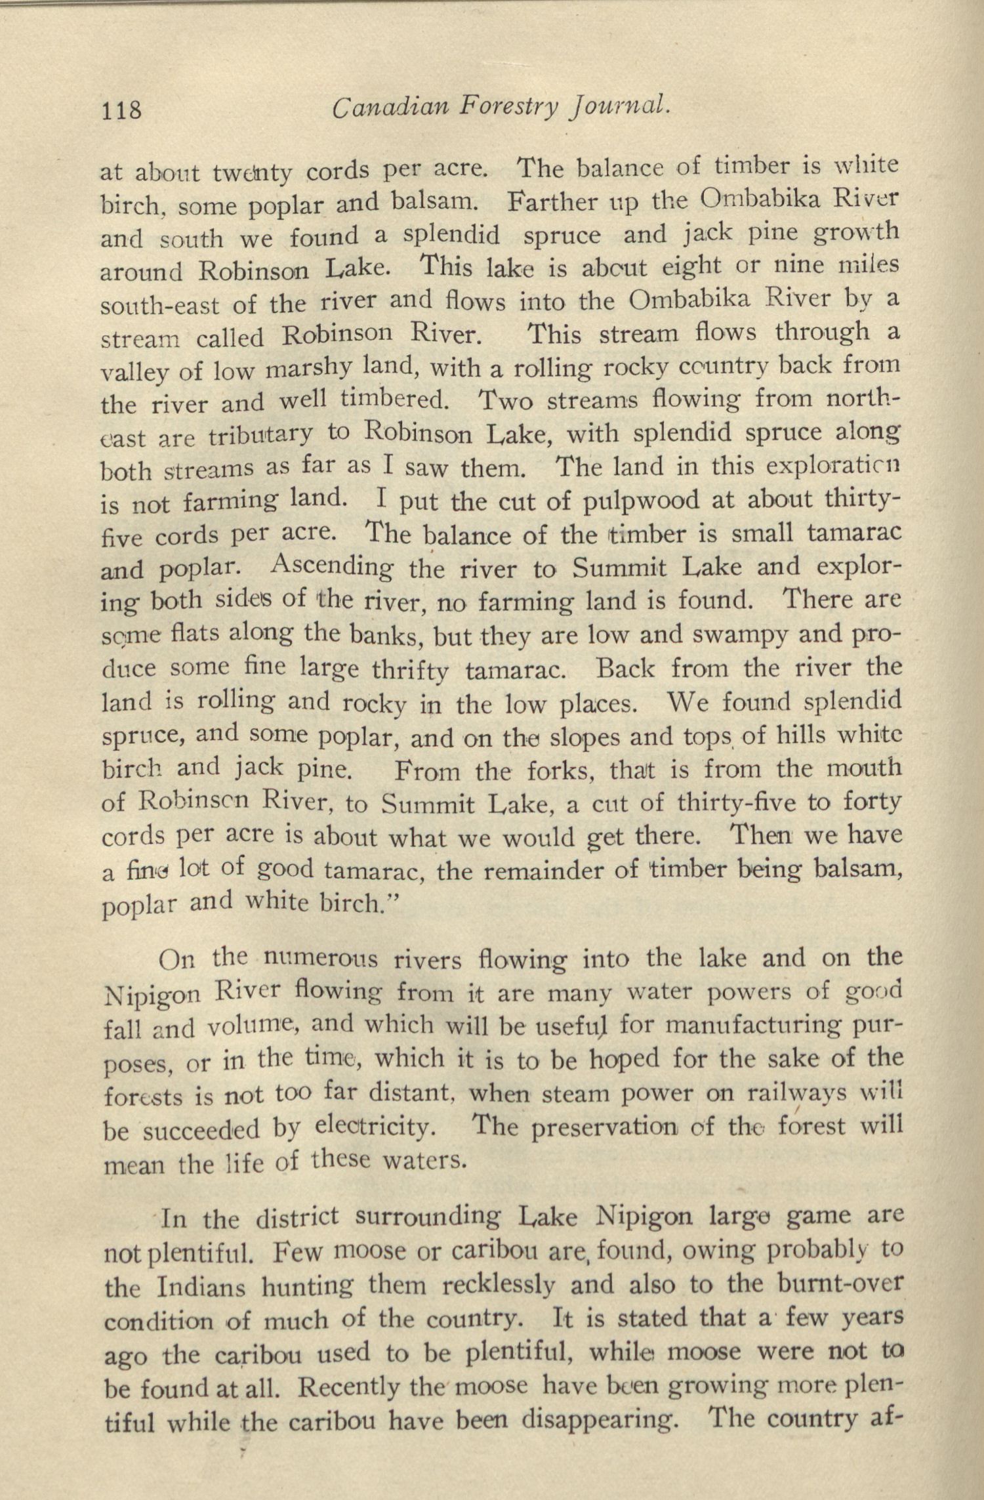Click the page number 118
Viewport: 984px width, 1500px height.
tap(121, 109)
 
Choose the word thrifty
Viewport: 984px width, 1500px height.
tap(411, 670)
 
